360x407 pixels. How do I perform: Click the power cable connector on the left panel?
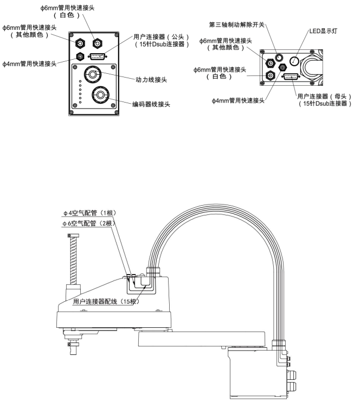click(92, 73)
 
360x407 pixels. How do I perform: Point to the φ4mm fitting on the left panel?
click(81, 56)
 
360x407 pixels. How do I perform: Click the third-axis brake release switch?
click(278, 58)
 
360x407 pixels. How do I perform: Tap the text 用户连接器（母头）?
click(325, 96)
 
